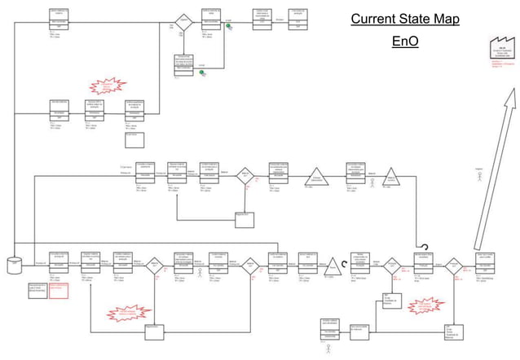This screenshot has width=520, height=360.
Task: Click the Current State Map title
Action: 405,19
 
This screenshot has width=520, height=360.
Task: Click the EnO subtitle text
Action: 405,41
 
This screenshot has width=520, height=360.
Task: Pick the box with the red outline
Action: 59,288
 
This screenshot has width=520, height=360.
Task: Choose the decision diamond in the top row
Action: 183,22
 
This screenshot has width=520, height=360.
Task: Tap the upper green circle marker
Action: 230,26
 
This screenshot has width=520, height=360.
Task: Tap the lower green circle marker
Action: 202,72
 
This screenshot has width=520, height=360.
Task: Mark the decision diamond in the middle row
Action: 245,175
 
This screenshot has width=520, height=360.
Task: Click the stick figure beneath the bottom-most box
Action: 328,348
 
